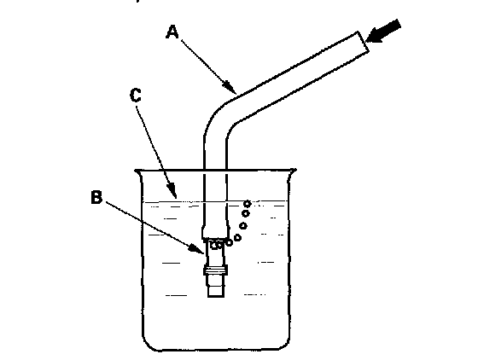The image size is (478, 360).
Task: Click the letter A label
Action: (x=172, y=32)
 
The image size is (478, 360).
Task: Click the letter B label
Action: (x=96, y=197)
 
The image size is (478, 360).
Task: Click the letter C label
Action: (x=136, y=95)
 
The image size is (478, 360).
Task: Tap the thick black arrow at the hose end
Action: (x=383, y=31)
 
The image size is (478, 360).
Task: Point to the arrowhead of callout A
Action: (x=230, y=87)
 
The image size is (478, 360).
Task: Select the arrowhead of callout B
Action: (x=197, y=248)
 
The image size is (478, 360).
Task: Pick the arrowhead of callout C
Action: (x=172, y=191)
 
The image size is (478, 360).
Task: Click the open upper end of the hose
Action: (x=364, y=42)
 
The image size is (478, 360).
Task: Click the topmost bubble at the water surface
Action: (x=247, y=203)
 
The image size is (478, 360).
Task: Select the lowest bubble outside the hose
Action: (x=229, y=243)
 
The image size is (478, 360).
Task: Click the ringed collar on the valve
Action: (x=216, y=270)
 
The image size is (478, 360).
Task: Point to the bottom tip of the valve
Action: (x=216, y=296)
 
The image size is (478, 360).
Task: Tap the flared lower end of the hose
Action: (x=215, y=232)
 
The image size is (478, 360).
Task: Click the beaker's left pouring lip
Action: (x=137, y=173)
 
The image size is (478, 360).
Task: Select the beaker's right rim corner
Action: (x=294, y=171)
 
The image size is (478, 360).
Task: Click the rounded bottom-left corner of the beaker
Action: (x=150, y=343)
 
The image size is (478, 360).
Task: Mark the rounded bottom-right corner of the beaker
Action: (x=283, y=342)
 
